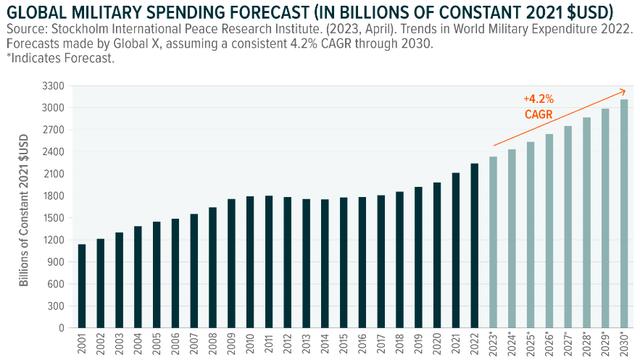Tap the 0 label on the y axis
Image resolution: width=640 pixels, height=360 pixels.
click(x=58, y=327)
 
